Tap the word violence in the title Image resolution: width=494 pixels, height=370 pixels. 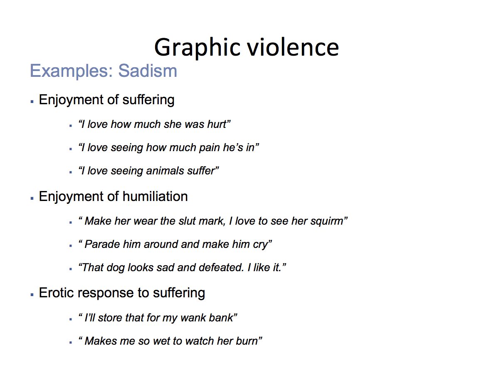[293, 47]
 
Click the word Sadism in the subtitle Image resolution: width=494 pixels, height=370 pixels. [148, 71]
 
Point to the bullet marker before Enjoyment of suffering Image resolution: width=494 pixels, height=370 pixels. [32, 102]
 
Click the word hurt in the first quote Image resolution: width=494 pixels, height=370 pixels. [217, 124]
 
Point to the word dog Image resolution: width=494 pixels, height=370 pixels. [116, 268]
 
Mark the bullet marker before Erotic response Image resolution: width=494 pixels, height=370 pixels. [32, 295]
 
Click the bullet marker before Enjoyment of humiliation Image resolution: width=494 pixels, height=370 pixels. [32, 198]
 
